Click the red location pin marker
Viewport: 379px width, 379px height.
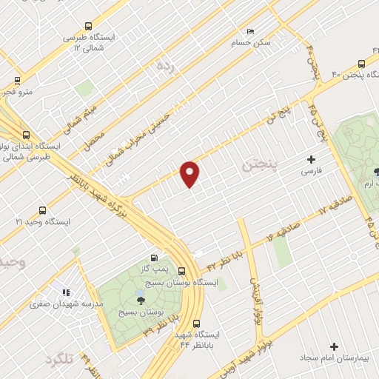190,173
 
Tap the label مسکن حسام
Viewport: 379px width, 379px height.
252,43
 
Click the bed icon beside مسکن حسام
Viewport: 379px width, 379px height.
250,32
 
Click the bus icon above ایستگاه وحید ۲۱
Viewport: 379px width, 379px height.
42,210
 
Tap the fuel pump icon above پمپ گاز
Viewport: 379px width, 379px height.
152,257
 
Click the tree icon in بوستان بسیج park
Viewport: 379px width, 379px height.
141,300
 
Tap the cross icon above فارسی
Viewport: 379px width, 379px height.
311,159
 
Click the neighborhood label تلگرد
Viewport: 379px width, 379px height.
61,359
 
